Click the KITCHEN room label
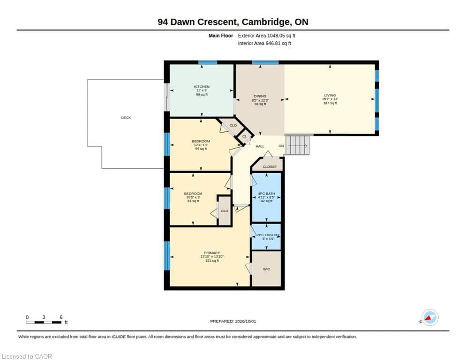[x=202, y=87]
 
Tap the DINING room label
[x=260, y=96]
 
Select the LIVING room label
[x=330, y=95]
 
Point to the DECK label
[x=126, y=118]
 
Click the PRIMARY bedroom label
[x=212, y=253]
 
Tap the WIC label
[x=267, y=269]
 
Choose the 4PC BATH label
[x=267, y=194]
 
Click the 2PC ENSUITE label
[x=268, y=235]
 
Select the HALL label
[x=260, y=146]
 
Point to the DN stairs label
[x=281, y=146]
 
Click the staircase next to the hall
[x=297, y=145]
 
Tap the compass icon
[x=430, y=317]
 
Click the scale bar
[x=44, y=322]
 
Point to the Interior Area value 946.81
[x=273, y=44]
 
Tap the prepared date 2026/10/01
[x=246, y=321]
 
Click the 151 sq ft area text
[x=212, y=261]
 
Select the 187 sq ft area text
[x=330, y=103]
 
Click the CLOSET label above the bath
[x=270, y=167]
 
